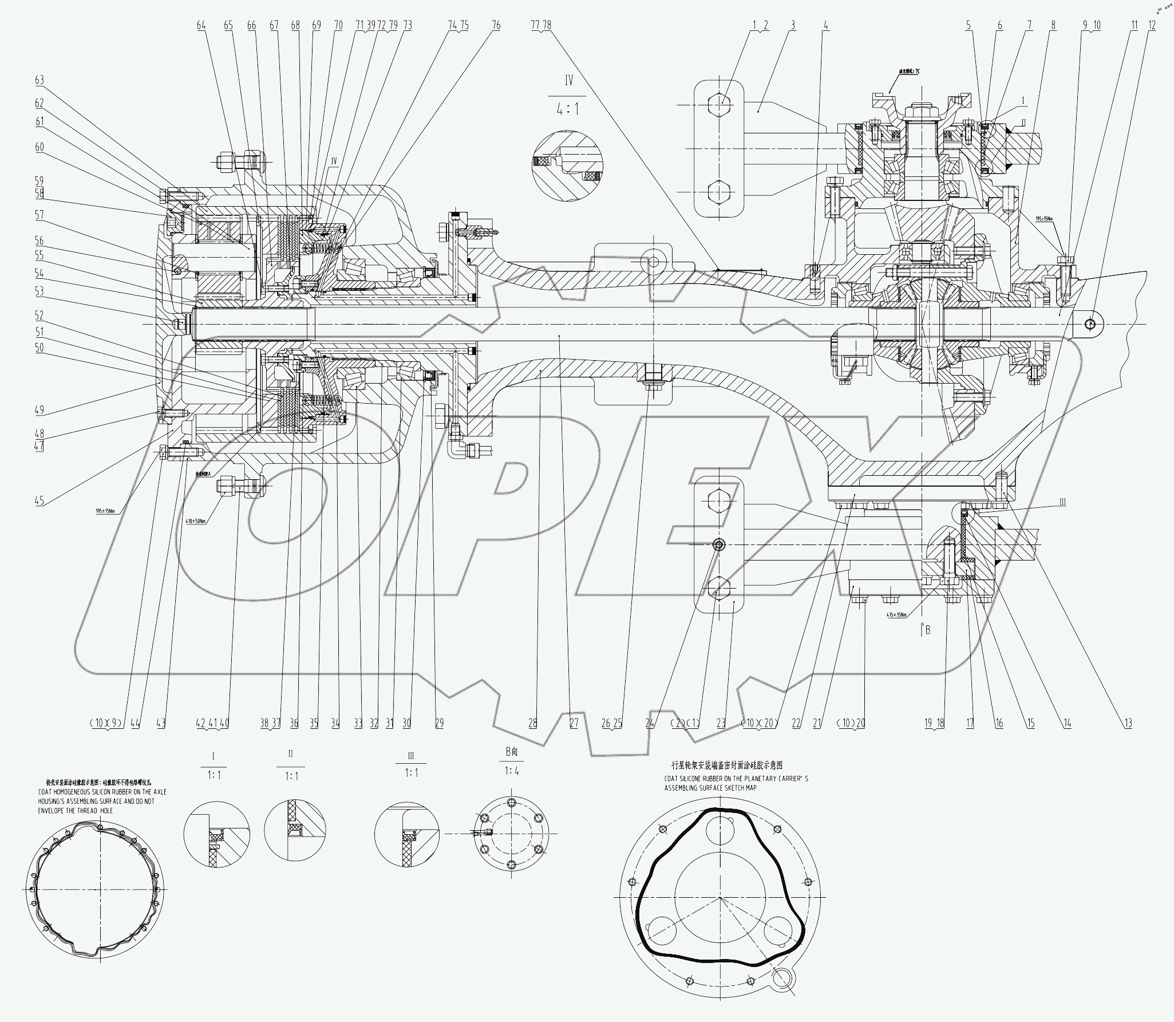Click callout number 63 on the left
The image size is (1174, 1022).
(39, 80)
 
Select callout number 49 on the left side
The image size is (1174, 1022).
(39, 411)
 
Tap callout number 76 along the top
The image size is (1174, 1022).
(496, 25)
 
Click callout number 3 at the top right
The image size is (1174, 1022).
(793, 25)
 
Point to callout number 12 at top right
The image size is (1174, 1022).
(1152, 25)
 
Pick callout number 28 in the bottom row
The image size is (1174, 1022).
(533, 723)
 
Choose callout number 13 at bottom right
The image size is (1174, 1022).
(1128, 723)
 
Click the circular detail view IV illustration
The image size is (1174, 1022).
(567, 165)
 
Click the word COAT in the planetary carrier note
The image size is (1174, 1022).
(673, 779)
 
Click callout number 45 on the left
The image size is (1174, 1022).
(39, 501)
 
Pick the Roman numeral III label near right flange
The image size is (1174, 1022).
(1062, 502)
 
